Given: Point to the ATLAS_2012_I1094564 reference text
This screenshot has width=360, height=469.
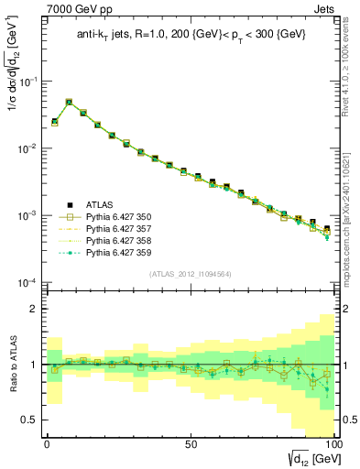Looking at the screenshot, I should (189, 273).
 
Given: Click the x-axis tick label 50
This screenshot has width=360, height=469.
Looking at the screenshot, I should (191, 443).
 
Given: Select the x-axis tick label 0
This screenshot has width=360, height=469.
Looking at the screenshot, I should (47, 443).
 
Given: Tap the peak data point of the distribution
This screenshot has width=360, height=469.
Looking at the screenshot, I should (69, 103).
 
